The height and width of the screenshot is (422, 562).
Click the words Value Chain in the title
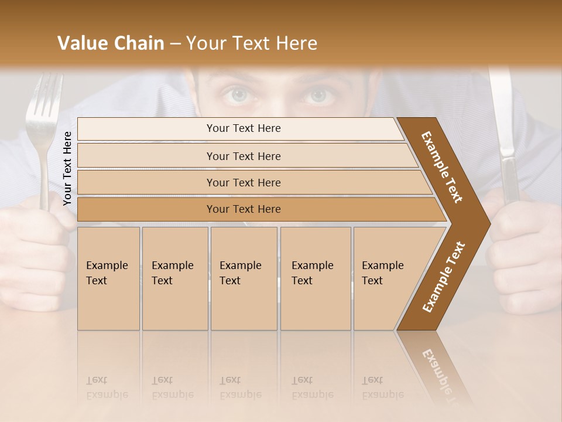coord(111,43)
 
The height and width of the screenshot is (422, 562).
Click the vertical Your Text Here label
coord(67,168)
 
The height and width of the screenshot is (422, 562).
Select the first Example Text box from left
coord(108,278)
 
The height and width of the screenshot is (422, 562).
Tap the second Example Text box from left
coord(175,278)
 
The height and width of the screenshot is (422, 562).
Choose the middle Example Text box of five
coord(244,278)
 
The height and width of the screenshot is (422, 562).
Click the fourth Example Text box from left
coord(316,278)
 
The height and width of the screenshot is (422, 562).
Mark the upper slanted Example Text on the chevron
coord(443,167)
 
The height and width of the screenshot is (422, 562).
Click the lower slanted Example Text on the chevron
coord(444,277)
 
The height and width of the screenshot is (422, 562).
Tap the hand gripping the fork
coord(35,252)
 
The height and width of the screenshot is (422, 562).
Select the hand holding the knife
coord(521,252)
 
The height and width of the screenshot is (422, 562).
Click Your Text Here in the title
coord(252,43)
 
